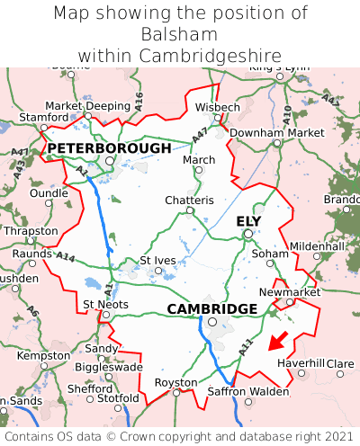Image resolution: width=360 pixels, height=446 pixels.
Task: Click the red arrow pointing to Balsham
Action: [x=279, y=340]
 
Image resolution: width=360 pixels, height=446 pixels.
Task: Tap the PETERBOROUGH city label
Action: [x=109, y=147]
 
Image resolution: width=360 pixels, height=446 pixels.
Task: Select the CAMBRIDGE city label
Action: [x=212, y=308]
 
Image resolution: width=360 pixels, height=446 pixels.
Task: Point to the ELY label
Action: [x=248, y=220]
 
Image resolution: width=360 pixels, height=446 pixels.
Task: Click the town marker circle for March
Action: [x=199, y=170]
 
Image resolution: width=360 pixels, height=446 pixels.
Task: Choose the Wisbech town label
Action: [x=218, y=107]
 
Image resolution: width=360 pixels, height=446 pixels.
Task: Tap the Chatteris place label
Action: [x=189, y=200]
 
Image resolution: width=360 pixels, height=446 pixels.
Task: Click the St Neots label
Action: [x=105, y=304]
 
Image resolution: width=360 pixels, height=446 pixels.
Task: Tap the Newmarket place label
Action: [x=290, y=292]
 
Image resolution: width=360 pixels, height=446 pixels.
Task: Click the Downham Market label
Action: [x=276, y=132]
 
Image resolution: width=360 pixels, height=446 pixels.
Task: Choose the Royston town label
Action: [x=176, y=381]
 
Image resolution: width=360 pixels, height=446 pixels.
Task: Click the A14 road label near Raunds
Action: [x=66, y=258]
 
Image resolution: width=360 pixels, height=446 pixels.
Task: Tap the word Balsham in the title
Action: [x=179, y=34]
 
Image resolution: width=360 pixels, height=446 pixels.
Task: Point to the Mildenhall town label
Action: [x=317, y=245]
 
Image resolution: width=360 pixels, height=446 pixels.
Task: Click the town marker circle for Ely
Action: [x=247, y=234]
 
